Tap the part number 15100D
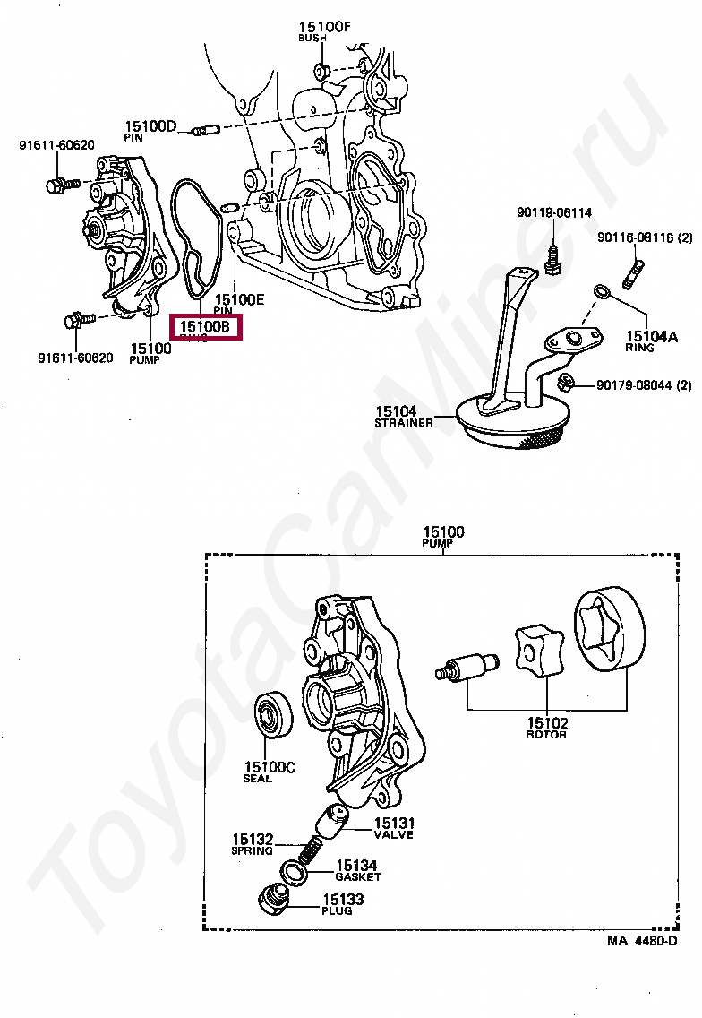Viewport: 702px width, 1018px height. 150,126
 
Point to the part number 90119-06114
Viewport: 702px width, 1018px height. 553,213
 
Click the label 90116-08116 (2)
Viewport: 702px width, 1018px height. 645,237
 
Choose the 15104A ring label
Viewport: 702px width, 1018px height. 652,337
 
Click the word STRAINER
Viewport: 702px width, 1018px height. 403,422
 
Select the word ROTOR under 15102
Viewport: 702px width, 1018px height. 545,735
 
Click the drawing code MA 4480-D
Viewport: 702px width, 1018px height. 641,940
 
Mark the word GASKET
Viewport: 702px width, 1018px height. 357,876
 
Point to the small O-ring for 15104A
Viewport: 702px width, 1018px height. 601,291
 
